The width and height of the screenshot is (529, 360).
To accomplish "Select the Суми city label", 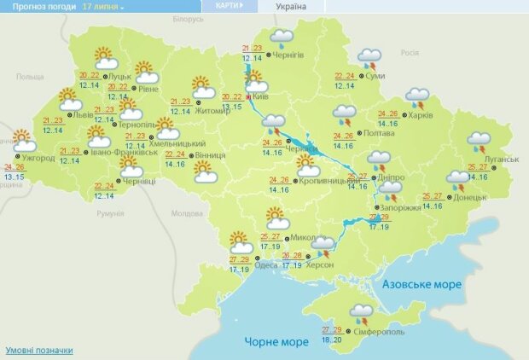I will (x=374, y=75).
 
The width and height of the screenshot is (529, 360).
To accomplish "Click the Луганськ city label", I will (x=501, y=159).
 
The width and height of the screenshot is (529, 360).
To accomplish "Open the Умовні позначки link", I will (x=39, y=351).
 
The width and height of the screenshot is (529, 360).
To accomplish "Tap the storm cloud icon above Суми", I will (x=369, y=58).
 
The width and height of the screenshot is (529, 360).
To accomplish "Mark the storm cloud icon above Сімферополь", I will (x=362, y=313).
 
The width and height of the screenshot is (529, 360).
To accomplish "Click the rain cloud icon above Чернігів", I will (x=282, y=38).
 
